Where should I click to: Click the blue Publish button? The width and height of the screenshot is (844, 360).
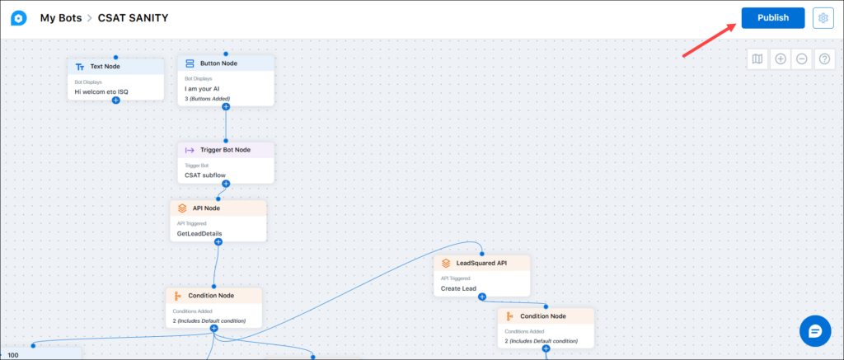pyautogui.click(x=773, y=18)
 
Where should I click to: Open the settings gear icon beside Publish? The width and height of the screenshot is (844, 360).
pyautogui.click(x=823, y=18)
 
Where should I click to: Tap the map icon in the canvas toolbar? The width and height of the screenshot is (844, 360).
pyautogui.click(x=757, y=59)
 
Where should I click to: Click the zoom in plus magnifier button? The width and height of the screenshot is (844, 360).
pyautogui.click(x=781, y=59)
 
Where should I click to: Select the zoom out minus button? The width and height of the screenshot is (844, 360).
pyautogui.click(x=802, y=59)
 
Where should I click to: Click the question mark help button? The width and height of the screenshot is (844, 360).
pyautogui.click(x=824, y=59)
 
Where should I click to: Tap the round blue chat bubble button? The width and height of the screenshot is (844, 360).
pyautogui.click(x=815, y=331)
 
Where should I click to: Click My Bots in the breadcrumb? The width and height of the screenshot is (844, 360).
pyautogui.click(x=61, y=18)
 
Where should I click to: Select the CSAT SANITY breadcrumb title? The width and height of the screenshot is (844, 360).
pyautogui.click(x=133, y=18)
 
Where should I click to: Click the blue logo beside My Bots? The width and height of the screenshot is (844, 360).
pyautogui.click(x=19, y=18)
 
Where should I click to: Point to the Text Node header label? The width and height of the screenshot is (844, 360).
pyautogui.click(x=105, y=67)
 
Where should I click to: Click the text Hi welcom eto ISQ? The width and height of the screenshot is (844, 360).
pyautogui.click(x=101, y=92)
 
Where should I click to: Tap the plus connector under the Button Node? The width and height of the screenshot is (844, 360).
pyautogui.click(x=226, y=106)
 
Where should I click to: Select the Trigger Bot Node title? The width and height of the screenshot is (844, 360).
pyautogui.click(x=226, y=150)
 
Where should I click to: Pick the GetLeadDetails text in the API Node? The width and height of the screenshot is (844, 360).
pyautogui.click(x=199, y=233)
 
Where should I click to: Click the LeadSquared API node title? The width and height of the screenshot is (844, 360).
pyautogui.click(x=481, y=263)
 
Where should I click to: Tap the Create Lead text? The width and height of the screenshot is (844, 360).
pyautogui.click(x=458, y=288)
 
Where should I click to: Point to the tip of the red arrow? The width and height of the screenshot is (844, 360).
pyautogui.click(x=736, y=24)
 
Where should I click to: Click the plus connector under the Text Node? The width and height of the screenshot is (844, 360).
pyautogui.click(x=115, y=100)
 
